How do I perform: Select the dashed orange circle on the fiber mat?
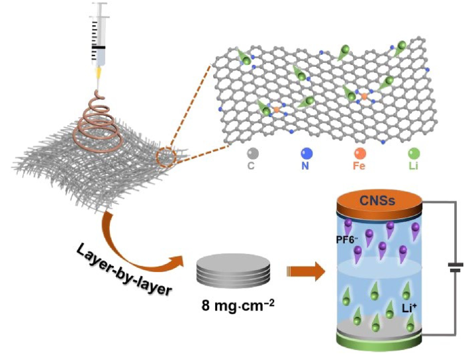coord(165,159)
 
